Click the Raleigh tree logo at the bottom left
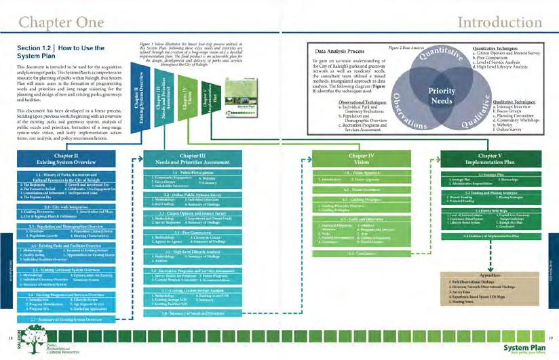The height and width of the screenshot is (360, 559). (29, 343)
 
